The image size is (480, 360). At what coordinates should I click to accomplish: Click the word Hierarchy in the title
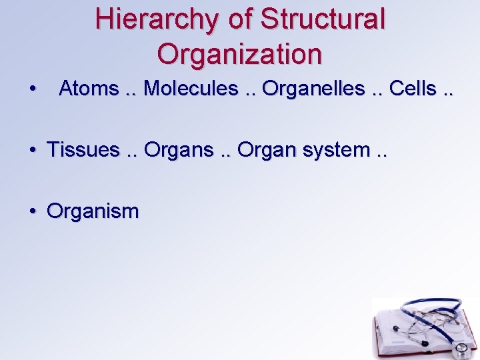pos(157,19)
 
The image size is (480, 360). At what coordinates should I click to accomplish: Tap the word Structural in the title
pos(323,19)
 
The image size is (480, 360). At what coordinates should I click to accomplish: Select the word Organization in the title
pos(240,53)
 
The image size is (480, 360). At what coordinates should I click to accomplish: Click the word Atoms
pos(89,88)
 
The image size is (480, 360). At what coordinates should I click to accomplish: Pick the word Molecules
pos(191,88)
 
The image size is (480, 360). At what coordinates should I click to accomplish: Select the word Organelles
pos(313,88)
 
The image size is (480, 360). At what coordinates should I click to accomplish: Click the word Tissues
pos(83,150)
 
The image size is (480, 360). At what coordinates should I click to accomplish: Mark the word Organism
pos(93,212)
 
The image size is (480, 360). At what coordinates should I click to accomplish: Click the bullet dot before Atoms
pos(32,89)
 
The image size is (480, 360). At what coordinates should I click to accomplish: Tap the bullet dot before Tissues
pos(32,151)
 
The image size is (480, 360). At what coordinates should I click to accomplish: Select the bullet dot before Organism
pos(32,213)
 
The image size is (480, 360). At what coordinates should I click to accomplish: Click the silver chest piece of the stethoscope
pos(459,349)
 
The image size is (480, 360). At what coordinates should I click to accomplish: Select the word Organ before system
pos(267,150)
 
